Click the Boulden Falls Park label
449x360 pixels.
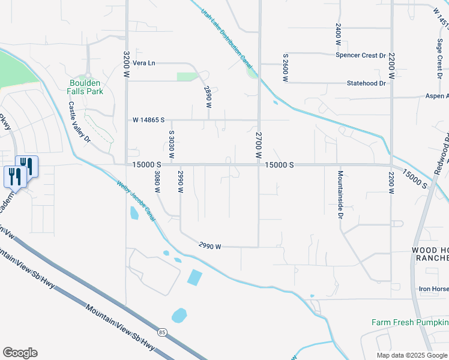[x=85, y=87]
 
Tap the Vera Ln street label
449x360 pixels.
[x=144, y=63]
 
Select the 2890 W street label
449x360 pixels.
[x=208, y=97]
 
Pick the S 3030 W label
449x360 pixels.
[x=171, y=145]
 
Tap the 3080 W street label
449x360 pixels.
[x=157, y=181]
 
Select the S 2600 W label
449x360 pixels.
[x=286, y=67]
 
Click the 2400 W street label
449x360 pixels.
[x=339, y=35]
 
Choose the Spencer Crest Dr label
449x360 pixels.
[x=360, y=55]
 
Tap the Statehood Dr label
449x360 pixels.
[x=366, y=83]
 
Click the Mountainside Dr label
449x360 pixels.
[x=340, y=192]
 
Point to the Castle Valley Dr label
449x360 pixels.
[x=79, y=122]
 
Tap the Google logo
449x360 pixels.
[x=20, y=353]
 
